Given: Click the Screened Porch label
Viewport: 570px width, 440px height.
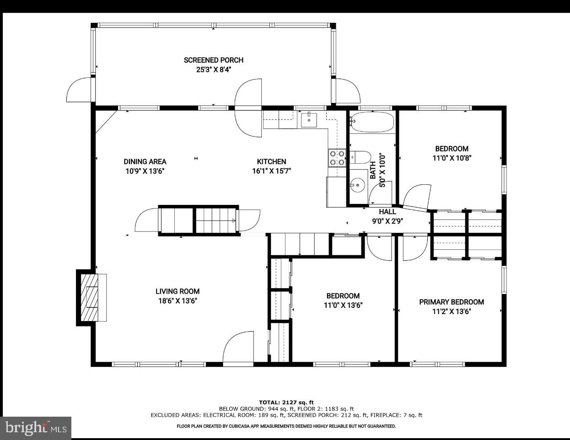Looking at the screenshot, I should click(x=213, y=60).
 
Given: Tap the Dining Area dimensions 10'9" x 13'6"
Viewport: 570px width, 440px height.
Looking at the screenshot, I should click(x=145, y=172).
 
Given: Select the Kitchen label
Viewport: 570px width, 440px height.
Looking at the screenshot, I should click(x=271, y=161).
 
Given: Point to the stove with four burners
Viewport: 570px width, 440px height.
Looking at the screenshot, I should click(x=337, y=158).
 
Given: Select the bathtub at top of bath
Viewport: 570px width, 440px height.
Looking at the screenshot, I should click(x=371, y=122).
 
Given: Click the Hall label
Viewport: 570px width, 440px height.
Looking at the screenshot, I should click(x=387, y=212).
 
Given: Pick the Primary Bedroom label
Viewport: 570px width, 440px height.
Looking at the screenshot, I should click(x=452, y=302).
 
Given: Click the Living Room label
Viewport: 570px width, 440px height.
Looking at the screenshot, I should click(x=177, y=291).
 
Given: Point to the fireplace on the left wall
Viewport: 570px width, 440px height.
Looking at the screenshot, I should click(x=91, y=297).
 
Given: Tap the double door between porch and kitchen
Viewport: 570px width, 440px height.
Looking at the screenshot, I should click(x=248, y=108).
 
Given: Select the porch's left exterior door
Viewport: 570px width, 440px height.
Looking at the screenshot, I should click(x=80, y=90).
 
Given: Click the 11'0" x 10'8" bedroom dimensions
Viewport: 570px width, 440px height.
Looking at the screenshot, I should click(x=452, y=158).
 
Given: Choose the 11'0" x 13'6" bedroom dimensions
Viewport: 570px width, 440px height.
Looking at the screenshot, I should click(x=343, y=306).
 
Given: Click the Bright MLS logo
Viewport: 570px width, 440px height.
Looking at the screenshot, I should click(x=36, y=428).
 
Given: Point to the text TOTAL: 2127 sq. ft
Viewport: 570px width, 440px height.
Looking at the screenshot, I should click(x=286, y=402).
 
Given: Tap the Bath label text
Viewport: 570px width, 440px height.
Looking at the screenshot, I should click(x=373, y=170).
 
